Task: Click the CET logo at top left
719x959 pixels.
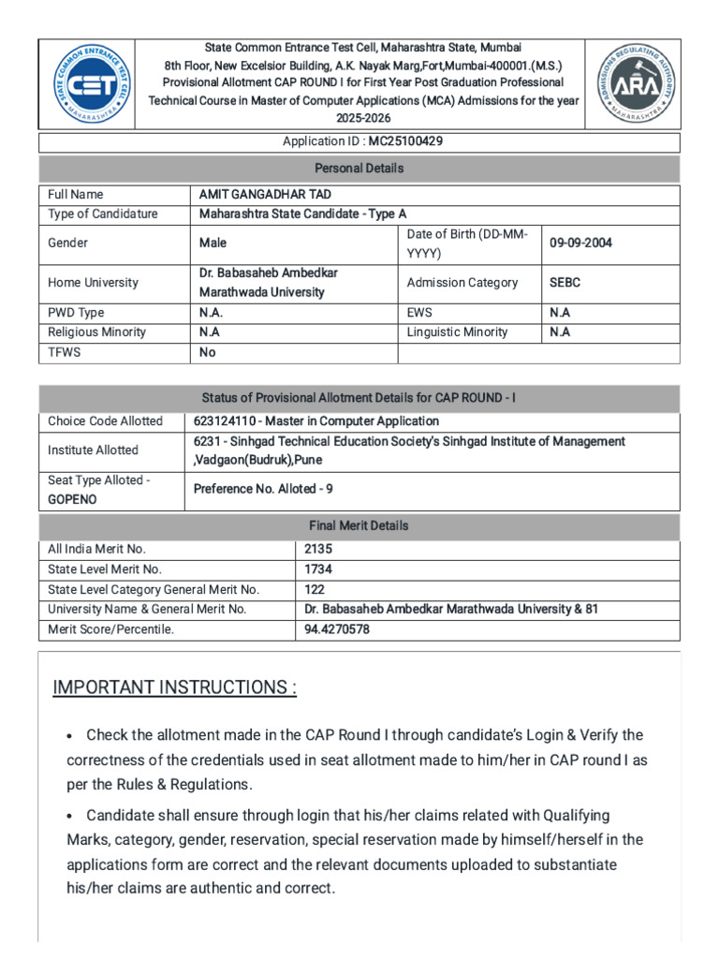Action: [86, 84]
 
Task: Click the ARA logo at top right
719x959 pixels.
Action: [633, 84]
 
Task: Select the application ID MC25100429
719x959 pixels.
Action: [405, 141]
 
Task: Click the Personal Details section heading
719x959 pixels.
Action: [359, 169]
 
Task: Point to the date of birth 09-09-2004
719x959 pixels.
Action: [580, 243]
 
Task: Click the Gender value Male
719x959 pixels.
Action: [213, 243]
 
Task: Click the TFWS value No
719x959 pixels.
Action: [208, 353]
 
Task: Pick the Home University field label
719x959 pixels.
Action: [93, 283]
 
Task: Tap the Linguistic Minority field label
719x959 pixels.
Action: [458, 332]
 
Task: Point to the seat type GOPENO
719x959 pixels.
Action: [72, 500]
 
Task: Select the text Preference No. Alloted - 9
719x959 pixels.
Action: [263, 489]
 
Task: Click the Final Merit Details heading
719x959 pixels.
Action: [359, 526]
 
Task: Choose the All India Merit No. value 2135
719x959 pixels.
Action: [318, 550]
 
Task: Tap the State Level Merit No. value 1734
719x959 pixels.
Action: [318, 569]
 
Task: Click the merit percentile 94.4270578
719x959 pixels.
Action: [337, 629]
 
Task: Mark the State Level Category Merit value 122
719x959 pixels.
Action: [315, 590]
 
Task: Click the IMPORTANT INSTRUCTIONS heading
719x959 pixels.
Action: [175, 688]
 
